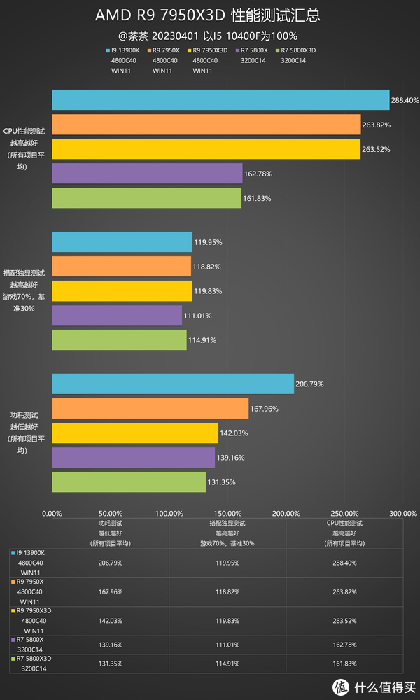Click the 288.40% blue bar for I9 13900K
click(220, 100)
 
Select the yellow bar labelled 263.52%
click(206, 149)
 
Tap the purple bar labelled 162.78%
click(147, 174)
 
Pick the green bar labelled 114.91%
click(119, 340)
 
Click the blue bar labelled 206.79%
click(173, 384)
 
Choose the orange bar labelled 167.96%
click(150, 408)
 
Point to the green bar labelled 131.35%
click(129, 482)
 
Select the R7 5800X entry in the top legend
click(254, 50)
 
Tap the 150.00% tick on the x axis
click(228, 513)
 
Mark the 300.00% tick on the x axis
click(404, 513)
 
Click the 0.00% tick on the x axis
click(52, 513)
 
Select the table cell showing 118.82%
click(227, 591)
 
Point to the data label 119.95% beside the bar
click(209, 242)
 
